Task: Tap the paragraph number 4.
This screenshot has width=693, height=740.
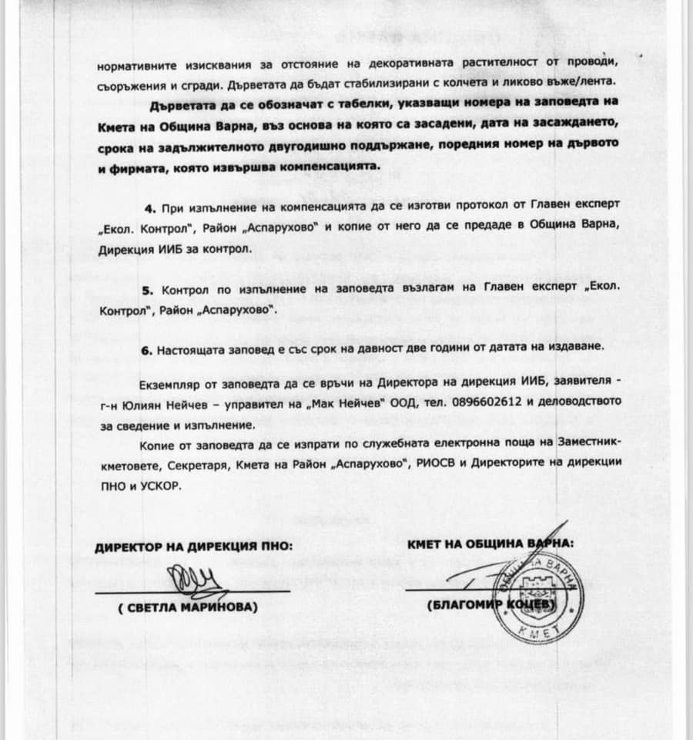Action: [151, 210]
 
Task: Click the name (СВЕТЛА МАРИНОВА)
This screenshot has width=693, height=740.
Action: [189, 607]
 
